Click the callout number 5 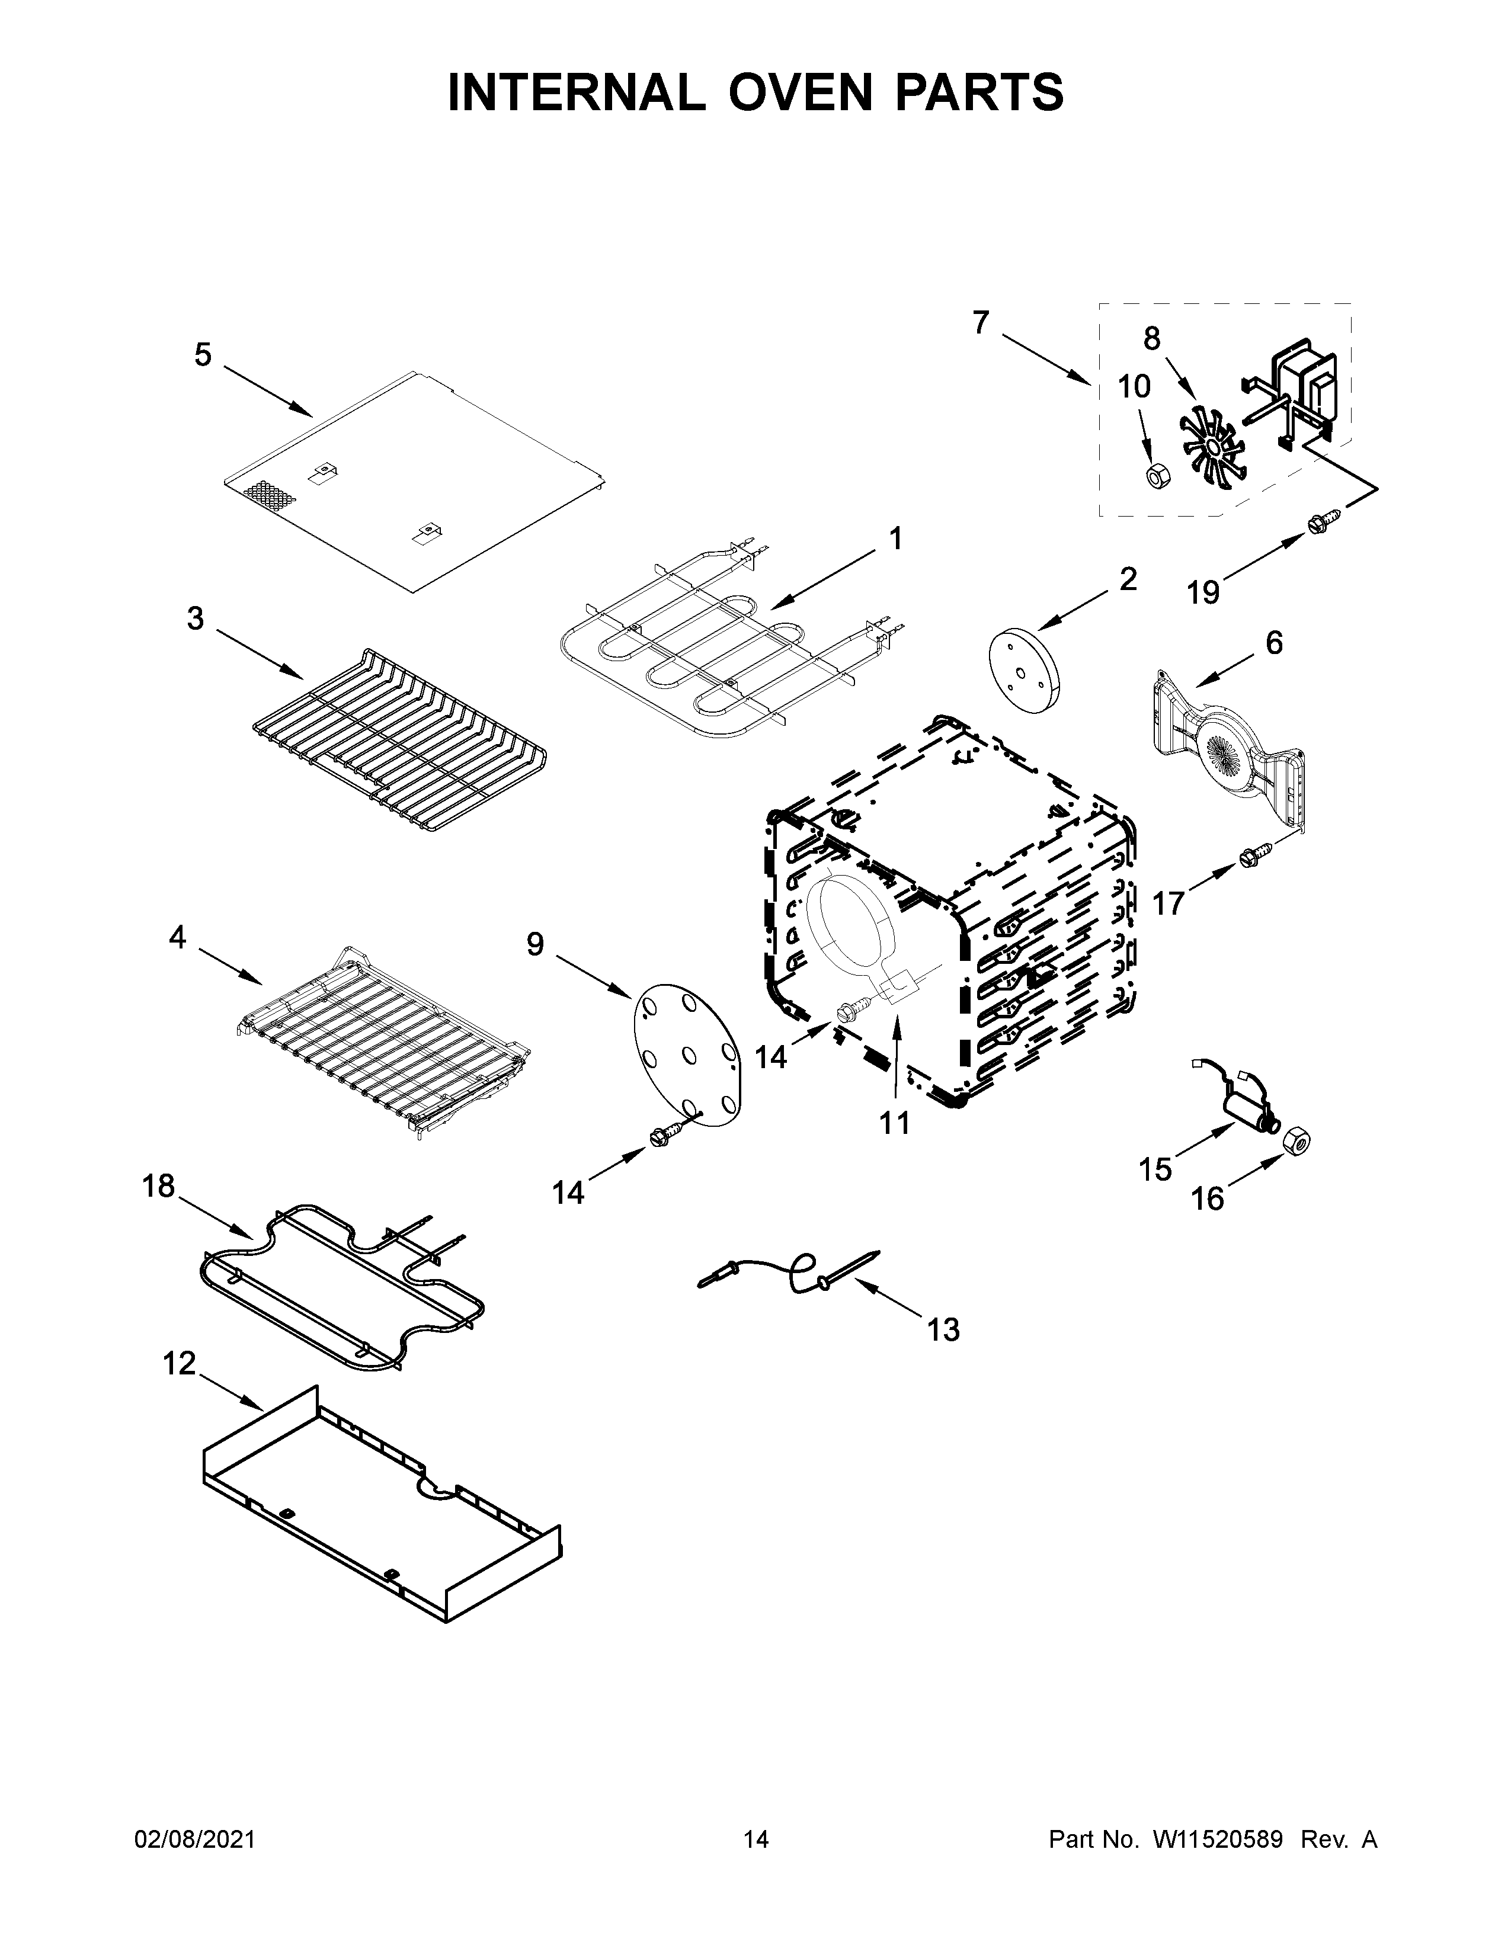[203, 355]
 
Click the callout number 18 [158, 1187]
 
